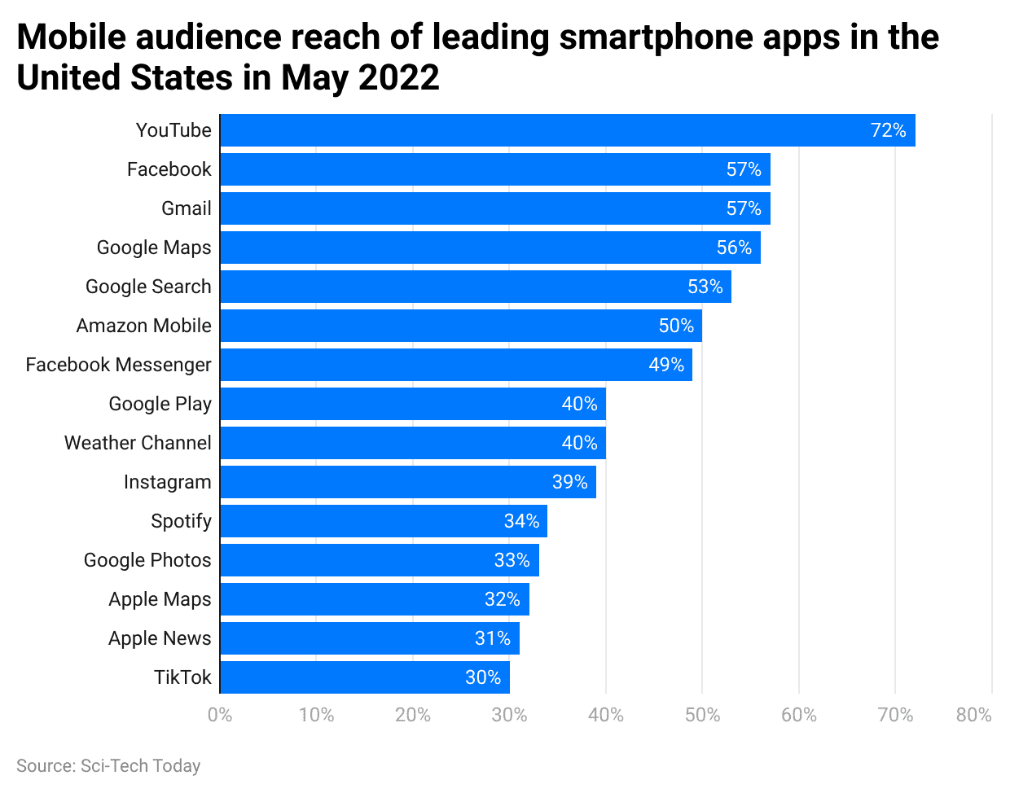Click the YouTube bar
pyautogui.click(x=567, y=130)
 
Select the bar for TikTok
pyautogui.click(x=364, y=677)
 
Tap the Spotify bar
pyautogui.click(x=383, y=521)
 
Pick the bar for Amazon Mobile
pyautogui.click(x=460, y=326)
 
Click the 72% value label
pyautogui.click(x=888, y=130)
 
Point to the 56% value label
pyautogui.click(x=734, y=248)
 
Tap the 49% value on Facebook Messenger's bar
pyautogui.click(x=666, y=365)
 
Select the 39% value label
pyautogui.click(x=569, y=482)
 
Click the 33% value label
pyautogui.click(x=512, y=560)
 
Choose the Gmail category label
pyautogui.click(x=186, y=208)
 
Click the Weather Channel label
pyautogui.click(x=138, y=443)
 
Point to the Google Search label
pyautogui.click(x=148, y=287)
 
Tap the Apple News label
pyautogui.click(x=160, y=638)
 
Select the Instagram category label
pyautogui.click(x=167, y=482)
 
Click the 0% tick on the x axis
pyautogui.click(x=220, y=715)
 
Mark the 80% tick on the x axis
pyautogui.click(x=973, y=715)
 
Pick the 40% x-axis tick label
pyautogui.click(x=606, y=715)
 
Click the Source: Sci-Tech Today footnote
pyautogui.click(x=108, y=766)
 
